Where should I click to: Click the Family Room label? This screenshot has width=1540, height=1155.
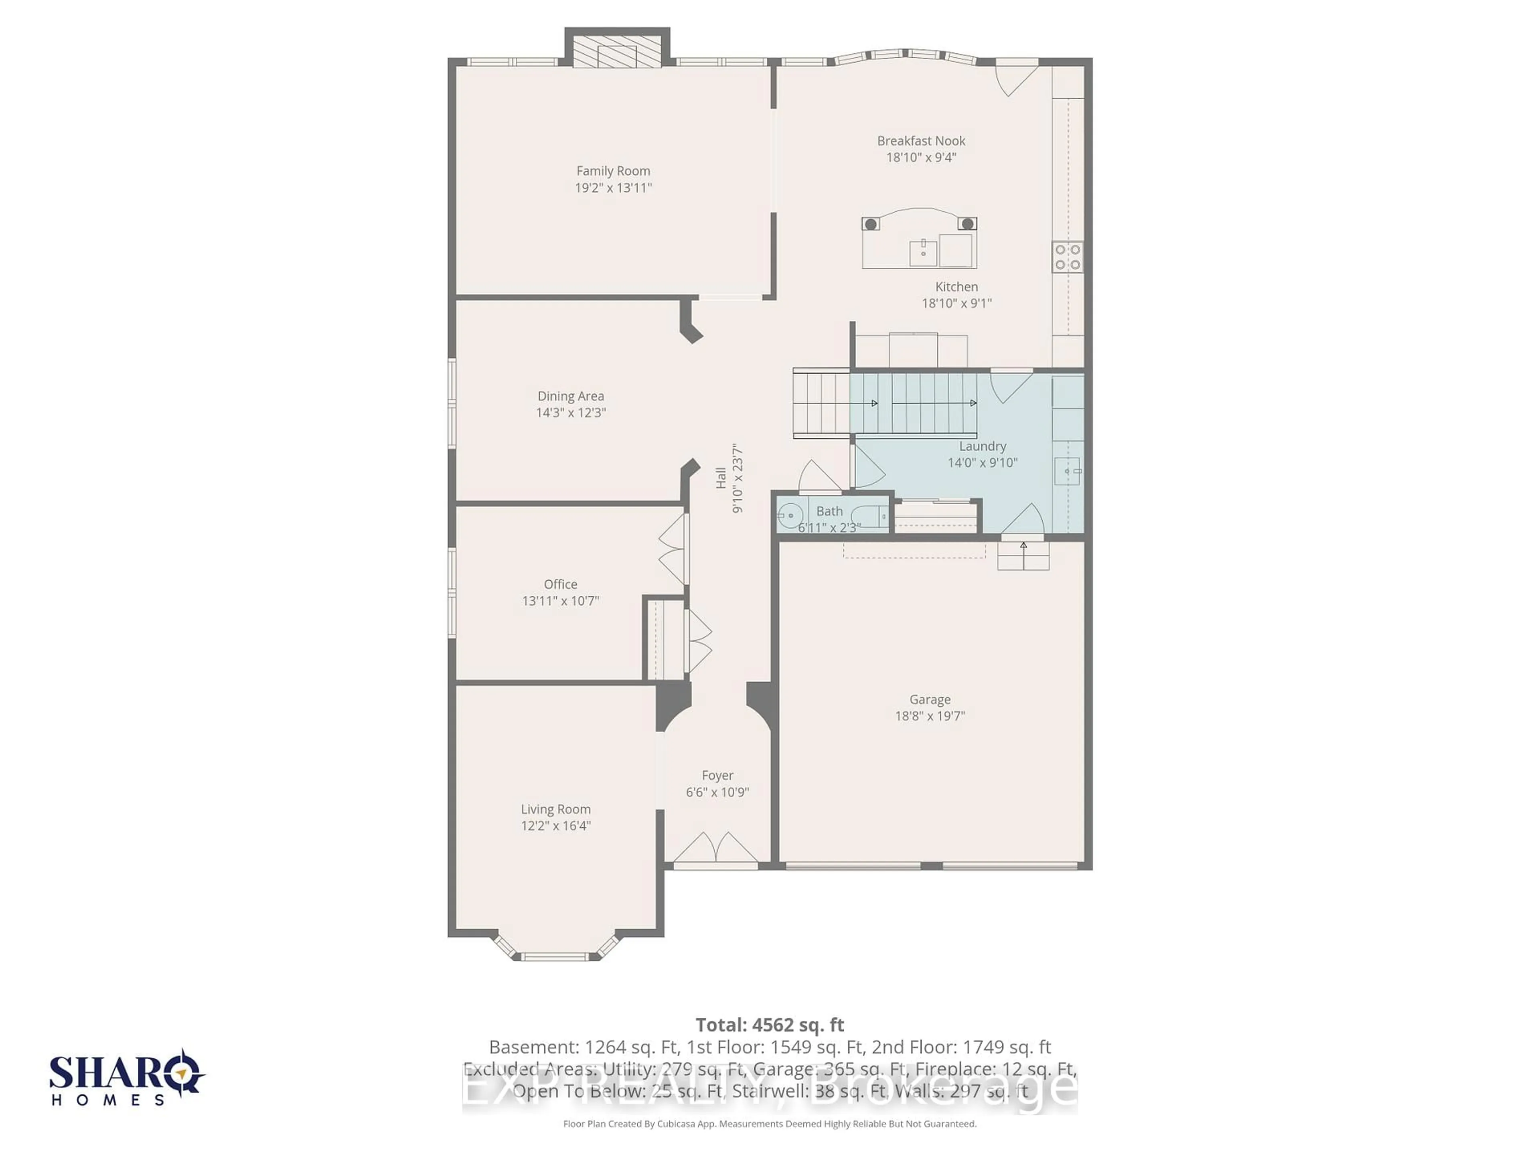pos(613,170)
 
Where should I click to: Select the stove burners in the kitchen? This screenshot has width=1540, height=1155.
pos(1067,256)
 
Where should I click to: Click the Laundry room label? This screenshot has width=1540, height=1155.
pos(982,446)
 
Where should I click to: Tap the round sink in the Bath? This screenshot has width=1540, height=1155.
pos(790,516)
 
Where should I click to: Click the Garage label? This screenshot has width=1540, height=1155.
pos(930,699)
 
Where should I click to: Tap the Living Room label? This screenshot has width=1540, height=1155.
pos(555,809)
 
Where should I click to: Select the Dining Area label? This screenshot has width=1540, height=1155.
pos(570,396)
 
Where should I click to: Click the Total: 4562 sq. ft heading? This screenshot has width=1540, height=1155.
pos(769,1025)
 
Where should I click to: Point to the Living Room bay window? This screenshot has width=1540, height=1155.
pos(555,955)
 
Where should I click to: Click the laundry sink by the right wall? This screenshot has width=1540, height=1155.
pos(1067,471)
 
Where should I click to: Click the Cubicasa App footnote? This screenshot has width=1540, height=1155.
pos(769,1143)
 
